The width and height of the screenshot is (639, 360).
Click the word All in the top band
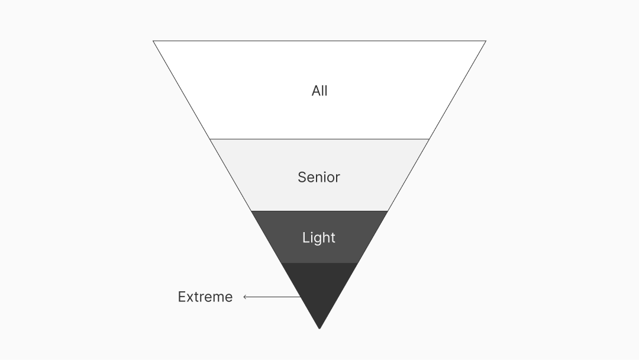319,91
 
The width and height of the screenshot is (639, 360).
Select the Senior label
319,177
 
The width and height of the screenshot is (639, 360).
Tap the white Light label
319,237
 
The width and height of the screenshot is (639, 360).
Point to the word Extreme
205,297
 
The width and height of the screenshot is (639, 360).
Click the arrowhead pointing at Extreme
245,297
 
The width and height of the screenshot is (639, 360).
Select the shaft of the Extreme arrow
272,297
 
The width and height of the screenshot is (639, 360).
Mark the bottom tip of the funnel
319,329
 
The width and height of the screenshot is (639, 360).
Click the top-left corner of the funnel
153,41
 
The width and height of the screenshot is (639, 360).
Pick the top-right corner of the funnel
486,41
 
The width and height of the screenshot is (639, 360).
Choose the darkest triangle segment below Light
319,290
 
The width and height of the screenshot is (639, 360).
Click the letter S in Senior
302,177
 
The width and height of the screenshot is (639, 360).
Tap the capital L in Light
305,237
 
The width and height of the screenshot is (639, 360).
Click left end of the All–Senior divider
210,139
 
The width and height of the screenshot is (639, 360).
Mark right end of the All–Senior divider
429,139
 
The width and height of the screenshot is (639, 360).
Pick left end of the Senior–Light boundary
251,211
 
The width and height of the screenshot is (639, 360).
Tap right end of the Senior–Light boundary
388,211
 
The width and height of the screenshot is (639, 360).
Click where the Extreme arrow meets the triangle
301,297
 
